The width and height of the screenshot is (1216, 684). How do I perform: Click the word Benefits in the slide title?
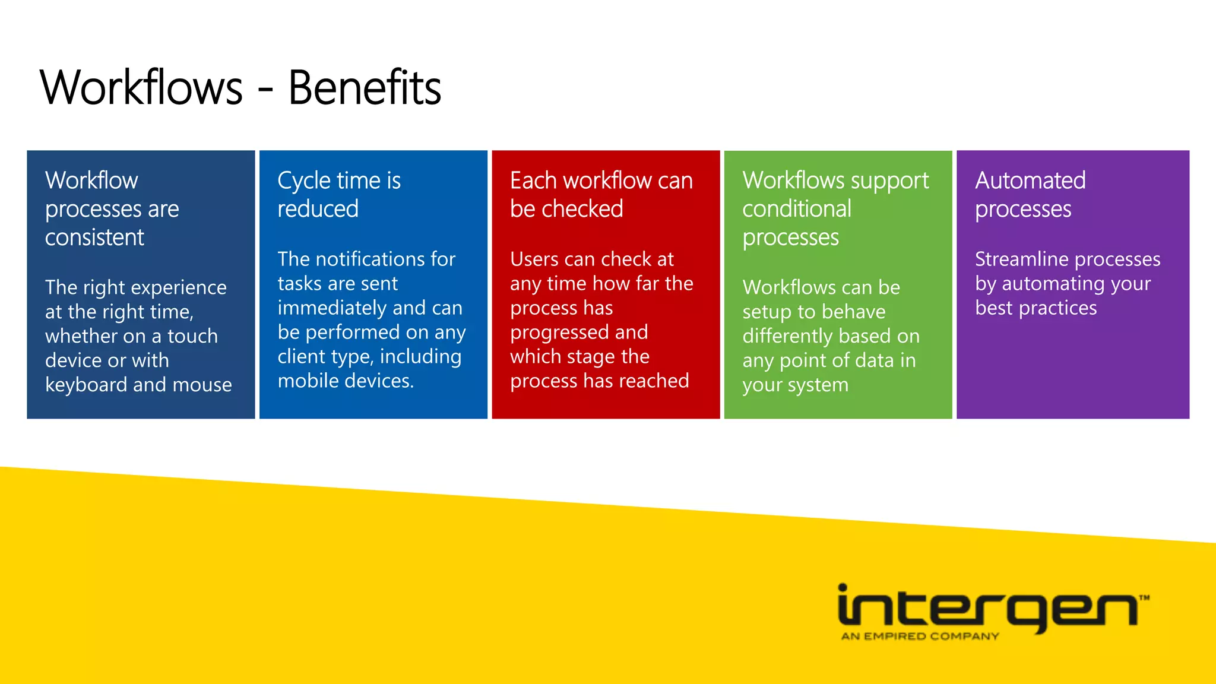[365, 88]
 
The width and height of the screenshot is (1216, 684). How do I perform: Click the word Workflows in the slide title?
[141, 88]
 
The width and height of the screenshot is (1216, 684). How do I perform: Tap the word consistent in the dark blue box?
[94, 237]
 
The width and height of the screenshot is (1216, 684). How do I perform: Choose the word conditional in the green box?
[797, 209]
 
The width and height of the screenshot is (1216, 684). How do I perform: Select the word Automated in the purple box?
[1030, 180]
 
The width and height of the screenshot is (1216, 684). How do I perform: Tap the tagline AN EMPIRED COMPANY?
[920, 636]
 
